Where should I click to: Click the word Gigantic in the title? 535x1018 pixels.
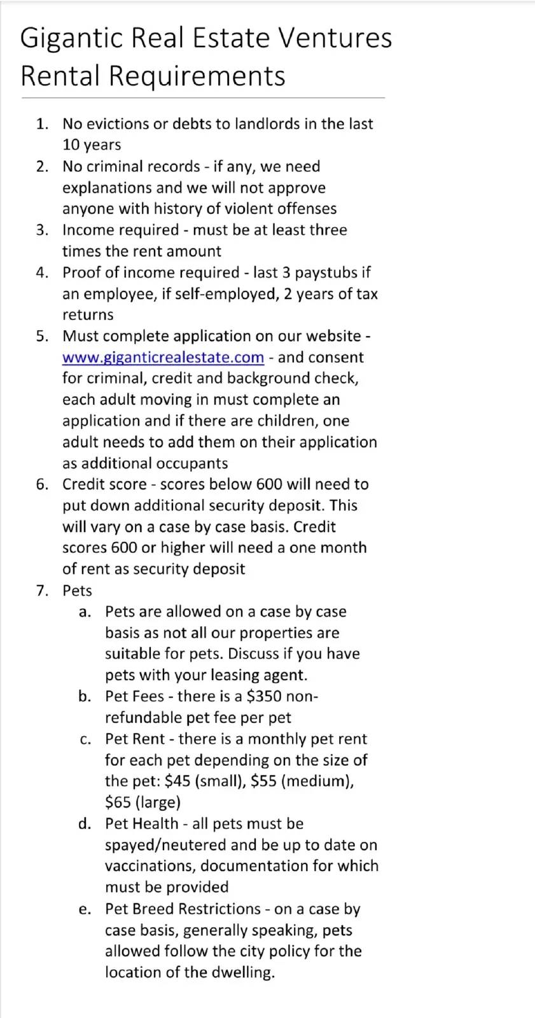(x=71, y=38)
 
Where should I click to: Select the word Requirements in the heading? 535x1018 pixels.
(x=197, y=76)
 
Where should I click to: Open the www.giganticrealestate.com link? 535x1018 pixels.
(x=163, y=358)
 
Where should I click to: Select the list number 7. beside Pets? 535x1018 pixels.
(x=42, y=590)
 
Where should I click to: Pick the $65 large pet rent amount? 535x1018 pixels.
(x=118, y=802)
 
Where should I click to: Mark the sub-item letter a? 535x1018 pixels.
(x=85, y=612)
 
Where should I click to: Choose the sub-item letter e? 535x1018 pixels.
(x=85, y=909)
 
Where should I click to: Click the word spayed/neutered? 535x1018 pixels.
(x=165, y=845)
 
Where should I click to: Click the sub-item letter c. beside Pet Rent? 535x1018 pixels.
(x=85, y=739)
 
